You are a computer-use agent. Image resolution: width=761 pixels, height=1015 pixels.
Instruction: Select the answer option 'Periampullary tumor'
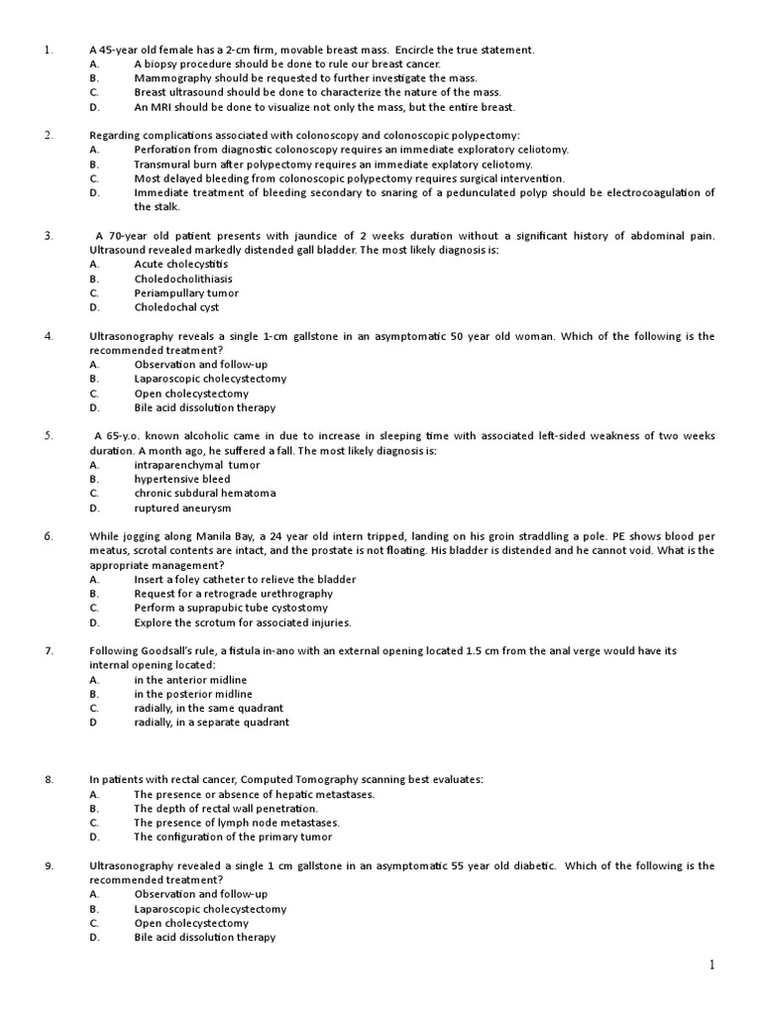click(186, 293)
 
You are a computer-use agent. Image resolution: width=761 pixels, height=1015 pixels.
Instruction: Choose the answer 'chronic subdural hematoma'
click(205, 493)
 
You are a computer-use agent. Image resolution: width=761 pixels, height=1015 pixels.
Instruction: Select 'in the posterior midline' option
click(191, 694)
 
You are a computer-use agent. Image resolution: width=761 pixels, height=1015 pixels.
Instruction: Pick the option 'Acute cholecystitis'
click(181, 265)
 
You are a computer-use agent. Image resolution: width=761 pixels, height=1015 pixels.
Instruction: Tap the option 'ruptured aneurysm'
click(182, 507)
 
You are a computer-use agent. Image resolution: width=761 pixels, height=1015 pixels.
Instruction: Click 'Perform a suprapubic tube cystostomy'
click(231, 608)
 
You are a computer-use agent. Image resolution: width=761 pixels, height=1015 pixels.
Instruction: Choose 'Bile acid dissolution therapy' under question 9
click(205, 937)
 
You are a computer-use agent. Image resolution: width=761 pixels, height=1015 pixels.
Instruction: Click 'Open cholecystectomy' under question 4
click(191, 393)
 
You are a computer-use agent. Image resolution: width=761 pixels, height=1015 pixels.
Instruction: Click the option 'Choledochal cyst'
click(176, 307)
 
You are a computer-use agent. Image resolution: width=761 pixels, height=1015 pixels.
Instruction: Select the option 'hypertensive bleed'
click(182, 479)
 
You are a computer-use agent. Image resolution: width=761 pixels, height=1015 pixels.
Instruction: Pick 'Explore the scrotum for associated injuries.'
click(243, 622)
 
